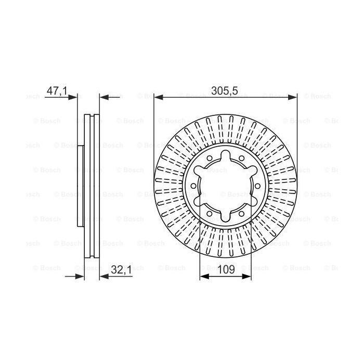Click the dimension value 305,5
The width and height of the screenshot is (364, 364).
tap(225, 91)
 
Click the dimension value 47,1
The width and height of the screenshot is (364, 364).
tap(57, 91)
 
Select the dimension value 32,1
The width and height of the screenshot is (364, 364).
tap(121, 269)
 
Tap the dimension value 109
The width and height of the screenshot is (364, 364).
tap(226, 269)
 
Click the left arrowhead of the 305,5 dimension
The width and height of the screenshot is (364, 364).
tap(159, 97)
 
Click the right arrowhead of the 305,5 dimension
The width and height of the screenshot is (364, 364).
tap(292, 97)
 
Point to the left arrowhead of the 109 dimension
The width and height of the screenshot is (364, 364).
tap(204, 276)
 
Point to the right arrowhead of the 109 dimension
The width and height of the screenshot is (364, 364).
tap(246, 276)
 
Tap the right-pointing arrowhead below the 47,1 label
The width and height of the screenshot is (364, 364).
tap(72, 97)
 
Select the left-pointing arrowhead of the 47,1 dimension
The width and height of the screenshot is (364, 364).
tap(104, 97)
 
